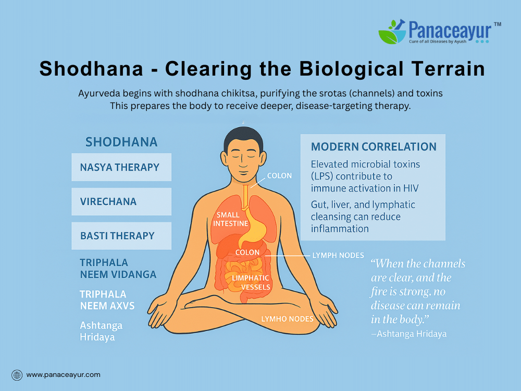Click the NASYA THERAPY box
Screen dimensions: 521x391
click(x=121, y=167)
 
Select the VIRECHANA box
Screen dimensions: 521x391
click(x=121, y=201)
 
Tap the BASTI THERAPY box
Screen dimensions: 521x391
click(x=121, y=236)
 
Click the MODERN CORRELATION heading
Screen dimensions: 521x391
click(x=374, y=146)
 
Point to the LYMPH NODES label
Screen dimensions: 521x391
click(x=338, y=255)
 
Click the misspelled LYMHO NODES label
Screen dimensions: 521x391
click(x=287, y=319)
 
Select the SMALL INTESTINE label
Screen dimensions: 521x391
click(x=230, y=219)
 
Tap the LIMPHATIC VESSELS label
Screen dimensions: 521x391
click(x=251, y=282)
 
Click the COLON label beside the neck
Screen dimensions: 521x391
click(x=279, y=176)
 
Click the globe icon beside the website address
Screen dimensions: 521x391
click(x=17, y=375)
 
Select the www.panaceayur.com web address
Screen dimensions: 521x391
click(x=63, y=375)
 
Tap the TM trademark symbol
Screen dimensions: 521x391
click(x=498, y=25)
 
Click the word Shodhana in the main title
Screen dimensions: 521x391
click(x=91, y=69)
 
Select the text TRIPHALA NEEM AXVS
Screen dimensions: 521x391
click(x=107, y=300)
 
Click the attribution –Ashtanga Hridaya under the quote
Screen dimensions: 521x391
click(x=408, y=334)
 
